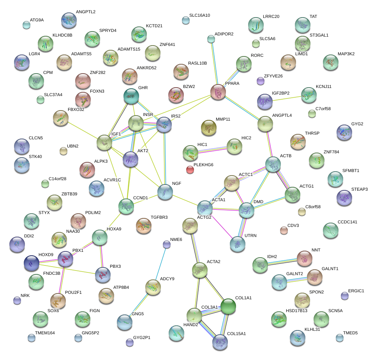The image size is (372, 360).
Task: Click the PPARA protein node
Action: pos(218,92)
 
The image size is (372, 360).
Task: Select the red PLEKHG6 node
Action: pos(190,169)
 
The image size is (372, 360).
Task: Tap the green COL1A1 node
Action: pos(228,306)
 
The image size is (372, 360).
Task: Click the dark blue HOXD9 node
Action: pos(31,263)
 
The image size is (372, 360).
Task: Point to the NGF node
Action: pos(165,192)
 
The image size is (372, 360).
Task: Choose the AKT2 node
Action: pos(130,159)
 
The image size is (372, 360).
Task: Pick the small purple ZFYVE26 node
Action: pos(261,81)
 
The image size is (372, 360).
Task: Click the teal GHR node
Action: pos(131,96)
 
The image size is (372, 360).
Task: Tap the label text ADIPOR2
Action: pos(224,34)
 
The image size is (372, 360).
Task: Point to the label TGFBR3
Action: pos(159,217)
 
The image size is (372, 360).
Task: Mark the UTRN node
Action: pos(238,243)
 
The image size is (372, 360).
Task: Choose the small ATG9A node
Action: pos(26,25)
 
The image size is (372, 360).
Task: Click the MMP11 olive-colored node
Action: pos(208,127)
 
